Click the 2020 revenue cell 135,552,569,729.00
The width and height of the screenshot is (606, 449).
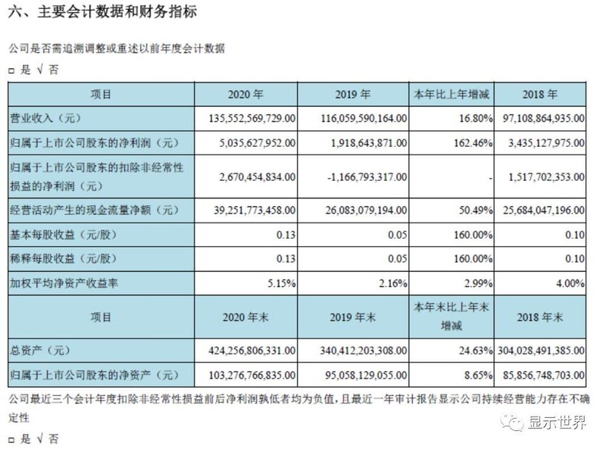[x=250, y=119]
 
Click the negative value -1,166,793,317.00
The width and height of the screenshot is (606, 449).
[x=361, y=176]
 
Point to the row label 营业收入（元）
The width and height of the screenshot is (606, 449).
[x=47, y=119]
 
